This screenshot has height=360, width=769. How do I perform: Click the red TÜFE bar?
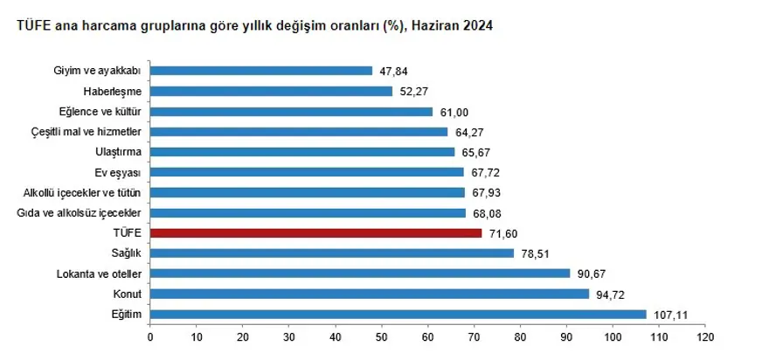(x=315, y=233)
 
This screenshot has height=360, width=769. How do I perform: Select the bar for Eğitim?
(x=398, y=315)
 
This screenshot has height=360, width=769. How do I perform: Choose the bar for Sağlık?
(x=331, y=253)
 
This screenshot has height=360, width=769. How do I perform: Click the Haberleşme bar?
(x=271, y=91)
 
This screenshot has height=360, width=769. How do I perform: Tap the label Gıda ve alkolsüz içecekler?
(x=85, y=213)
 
